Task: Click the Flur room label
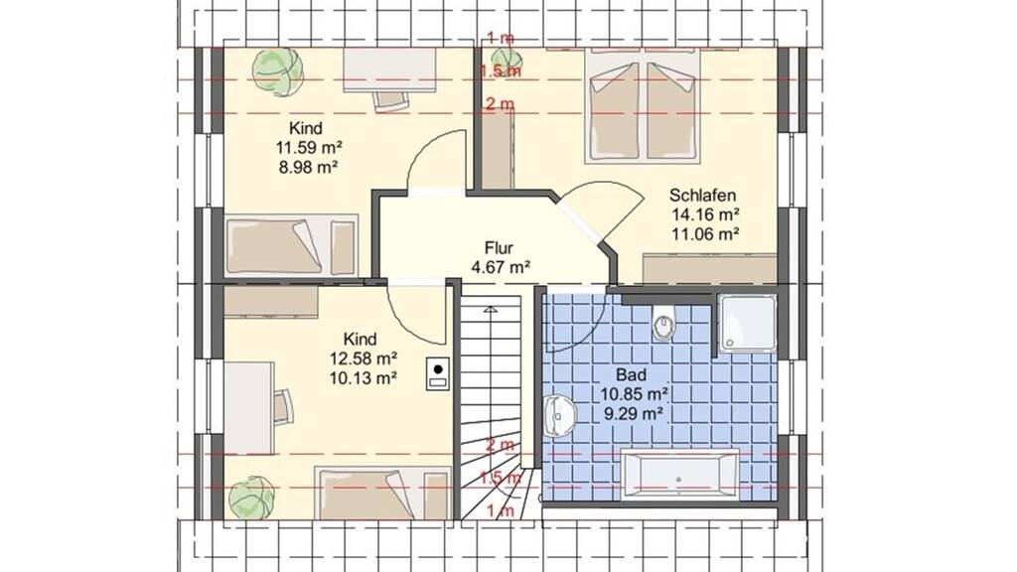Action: coord(499,247)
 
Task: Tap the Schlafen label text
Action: coord(703,196)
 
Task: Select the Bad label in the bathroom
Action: coord(631,374)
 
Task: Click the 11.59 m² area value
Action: coord(309,147)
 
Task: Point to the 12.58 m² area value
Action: coord(363,357)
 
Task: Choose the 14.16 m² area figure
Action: coord(706,214)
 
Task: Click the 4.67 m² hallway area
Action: coord(502,266)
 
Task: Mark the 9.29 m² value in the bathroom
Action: coord(633,413)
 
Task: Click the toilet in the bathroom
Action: coord(663,325)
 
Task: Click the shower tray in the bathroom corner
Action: coord(748,323)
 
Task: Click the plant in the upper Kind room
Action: coord(278,71)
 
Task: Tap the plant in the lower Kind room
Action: coord(251,499)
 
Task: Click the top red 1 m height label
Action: coord(501,38)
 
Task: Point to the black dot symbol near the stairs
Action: coord(438,369)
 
